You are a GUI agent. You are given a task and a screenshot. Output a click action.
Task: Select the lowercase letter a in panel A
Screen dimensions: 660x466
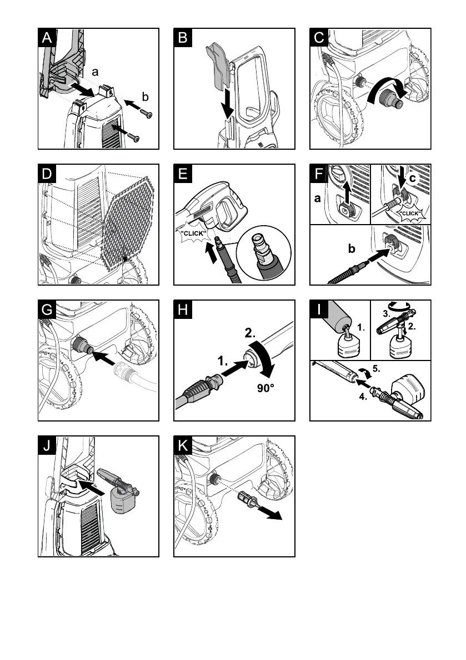point(95,72)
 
